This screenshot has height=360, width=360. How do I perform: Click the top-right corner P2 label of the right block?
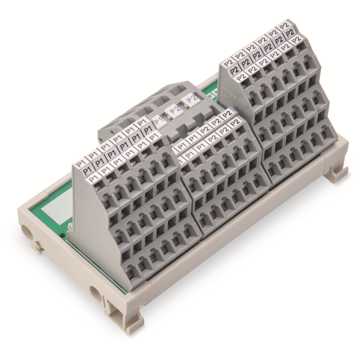pyautogui.click(x=289, y=26)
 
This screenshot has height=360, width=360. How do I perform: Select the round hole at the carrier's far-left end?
pyautogui.click(x=27, y=230)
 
